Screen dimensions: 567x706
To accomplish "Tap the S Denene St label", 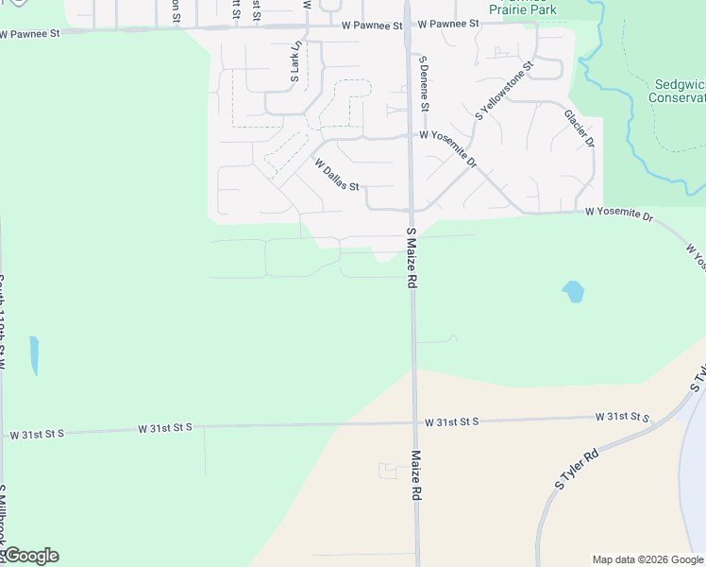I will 424,83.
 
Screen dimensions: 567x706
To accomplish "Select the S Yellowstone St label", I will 505,92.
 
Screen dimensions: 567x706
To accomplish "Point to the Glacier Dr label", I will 580,128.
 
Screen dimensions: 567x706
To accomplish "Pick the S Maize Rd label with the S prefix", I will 412,258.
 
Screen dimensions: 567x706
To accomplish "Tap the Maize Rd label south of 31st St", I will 415,474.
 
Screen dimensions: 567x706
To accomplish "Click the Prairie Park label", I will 523,9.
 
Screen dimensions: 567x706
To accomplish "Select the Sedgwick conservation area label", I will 679,91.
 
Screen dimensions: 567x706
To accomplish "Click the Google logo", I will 30,556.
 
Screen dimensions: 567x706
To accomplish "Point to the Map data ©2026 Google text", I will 647,559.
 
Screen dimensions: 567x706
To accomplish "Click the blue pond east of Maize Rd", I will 572,292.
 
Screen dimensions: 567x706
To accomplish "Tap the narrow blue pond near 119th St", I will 35,354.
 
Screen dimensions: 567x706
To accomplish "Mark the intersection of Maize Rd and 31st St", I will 414,423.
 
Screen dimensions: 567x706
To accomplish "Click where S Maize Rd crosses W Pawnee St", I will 407,26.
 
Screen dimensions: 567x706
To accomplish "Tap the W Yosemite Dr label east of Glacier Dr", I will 618,215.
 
